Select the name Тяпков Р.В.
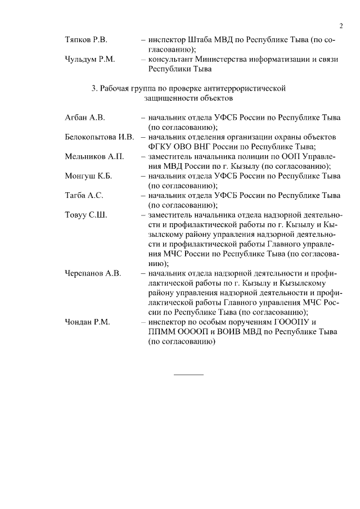click(x=86, y=41)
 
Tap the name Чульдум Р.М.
click(x=90, y=60)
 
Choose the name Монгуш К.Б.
click(x=88, y=176)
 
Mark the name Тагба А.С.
click(x=84, y=196)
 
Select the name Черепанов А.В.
click(x=93, y=273)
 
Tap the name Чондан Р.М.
click(x=87, y=322)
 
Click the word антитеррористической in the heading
click(x=244, y=88)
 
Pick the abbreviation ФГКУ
click(x=160, y=147)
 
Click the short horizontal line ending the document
click(x=188, y=374)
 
